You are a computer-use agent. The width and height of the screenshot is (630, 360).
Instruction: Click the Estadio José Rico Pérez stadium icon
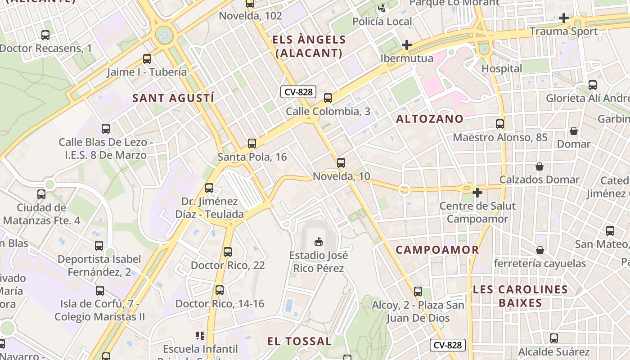pyautogui.click(x=319, y=242)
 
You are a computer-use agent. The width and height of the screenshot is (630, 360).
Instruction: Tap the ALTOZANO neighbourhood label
pyautogui.click(x=430, y=119)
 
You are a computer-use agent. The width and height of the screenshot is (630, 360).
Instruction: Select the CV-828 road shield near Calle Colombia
pyautogui.click(x=298, y=92)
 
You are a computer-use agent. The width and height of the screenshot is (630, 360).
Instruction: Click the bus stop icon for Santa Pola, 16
pyautogui.click(x=252, y=144)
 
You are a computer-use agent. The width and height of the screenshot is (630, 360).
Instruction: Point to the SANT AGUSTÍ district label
pyautogui.click(x=173, y=98)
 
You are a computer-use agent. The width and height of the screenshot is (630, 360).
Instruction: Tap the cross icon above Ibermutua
pyautogui.click(x=407, y=45)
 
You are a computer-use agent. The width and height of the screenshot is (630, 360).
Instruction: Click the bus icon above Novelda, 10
pyautogui.click(x=341, y=163)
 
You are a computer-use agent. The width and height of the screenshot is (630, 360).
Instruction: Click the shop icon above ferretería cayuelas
pyautogui.click(x=540, y=250)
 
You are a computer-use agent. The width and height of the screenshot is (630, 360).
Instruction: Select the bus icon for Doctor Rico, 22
pyautogui.click(x=228, y=252)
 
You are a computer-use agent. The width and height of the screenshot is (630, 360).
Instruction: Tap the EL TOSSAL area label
pyautogui.click(x=299, y=341)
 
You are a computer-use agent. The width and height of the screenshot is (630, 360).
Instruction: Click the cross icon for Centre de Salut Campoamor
pyautogui.click(x=477, y=193)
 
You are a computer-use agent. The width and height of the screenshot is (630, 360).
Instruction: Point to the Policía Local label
pyautogui.click(x=382, y=22)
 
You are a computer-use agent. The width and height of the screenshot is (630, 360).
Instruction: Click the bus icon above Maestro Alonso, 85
pyautogui.click(x=500, y=124)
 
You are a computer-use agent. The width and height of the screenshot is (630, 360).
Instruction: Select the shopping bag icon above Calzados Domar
pyautogui.click(x=540, y=166)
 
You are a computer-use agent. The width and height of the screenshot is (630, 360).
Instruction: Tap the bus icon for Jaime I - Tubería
pyautogui.click(x=147, y=59)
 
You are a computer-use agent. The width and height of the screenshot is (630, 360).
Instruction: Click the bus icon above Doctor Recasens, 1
pyautogui.click(x=45, y=35)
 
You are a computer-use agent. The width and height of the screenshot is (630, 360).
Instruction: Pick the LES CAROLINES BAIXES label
pyautogui.click(x=520, y=296)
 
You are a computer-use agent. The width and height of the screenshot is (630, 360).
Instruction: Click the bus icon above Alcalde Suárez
pyautogui.click(x=554, y=338)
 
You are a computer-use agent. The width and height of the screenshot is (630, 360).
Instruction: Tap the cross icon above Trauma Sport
pyautogui.click(x=563, y=18)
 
